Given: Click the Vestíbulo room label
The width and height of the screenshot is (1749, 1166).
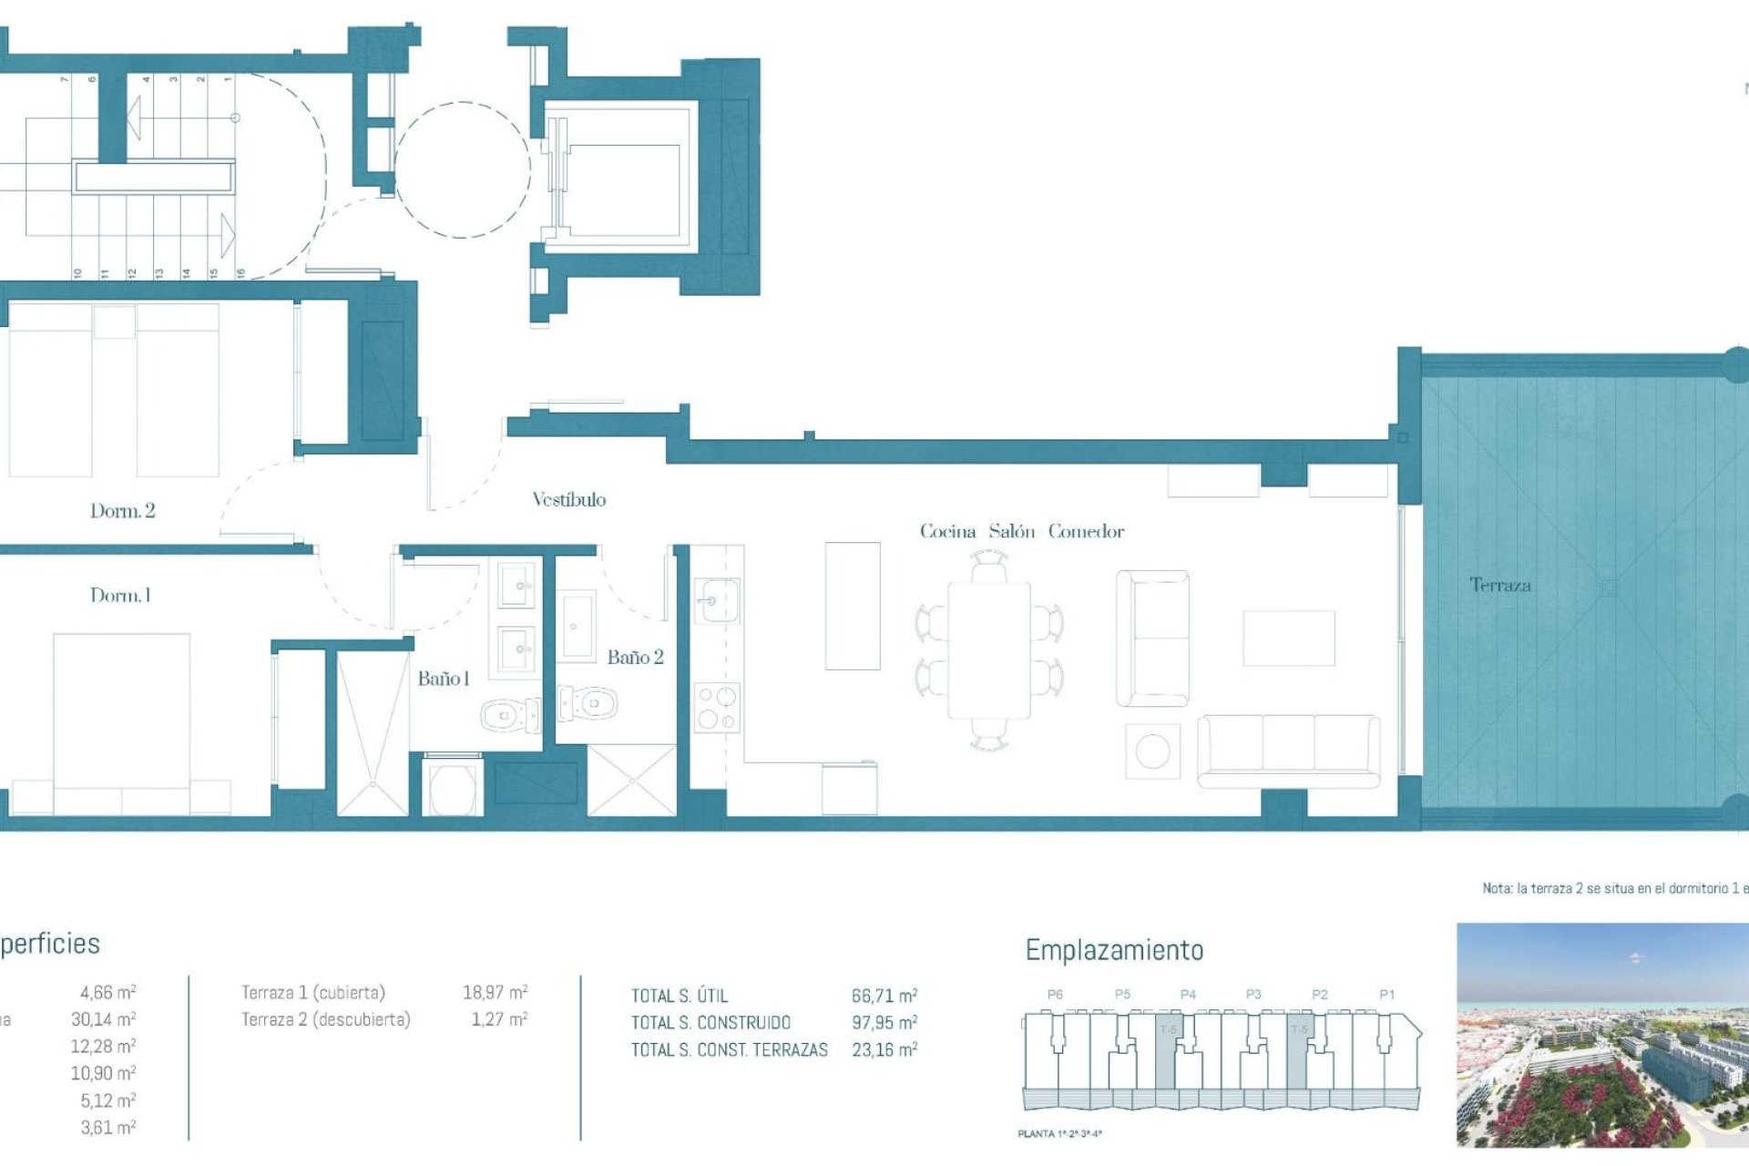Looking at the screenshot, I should pyautogui.click(x=568, y=499).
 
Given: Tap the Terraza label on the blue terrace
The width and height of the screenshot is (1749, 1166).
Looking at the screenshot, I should pyautogui.click(x=1499, y=585).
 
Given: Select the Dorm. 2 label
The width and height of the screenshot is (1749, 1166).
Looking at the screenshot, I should pyautogui.click(x=122, y=511).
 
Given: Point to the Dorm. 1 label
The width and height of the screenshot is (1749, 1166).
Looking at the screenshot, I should pyautogui.click(x=120, y=596).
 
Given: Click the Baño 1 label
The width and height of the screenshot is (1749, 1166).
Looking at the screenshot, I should pyautogui.click(x=443, y=679).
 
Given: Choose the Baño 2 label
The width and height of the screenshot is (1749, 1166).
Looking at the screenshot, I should pyautogui.click(x=635, y=657).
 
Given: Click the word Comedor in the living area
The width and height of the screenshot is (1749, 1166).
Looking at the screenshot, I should pyautogui.click(x=1086, y=531).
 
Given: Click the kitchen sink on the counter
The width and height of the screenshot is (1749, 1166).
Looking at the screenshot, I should pyautogui.click(x=717, y=600).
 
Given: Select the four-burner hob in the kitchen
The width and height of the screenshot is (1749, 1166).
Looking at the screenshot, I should pyautogui.click(x=717, y=709).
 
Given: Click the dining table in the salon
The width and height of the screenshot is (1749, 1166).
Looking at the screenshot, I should pyautogui.click(x=989, y=650).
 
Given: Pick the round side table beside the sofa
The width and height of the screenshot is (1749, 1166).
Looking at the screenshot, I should pyautogui.click(x=1152, y=752).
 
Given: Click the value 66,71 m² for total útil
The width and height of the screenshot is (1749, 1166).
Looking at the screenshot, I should pyautogui.click(x=884, y=996).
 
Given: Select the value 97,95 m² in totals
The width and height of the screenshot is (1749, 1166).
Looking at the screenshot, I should pyautogui.click(x=884, y=1023).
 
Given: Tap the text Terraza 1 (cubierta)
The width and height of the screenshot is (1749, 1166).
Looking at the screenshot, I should pyautogui.click(x=312, y=992).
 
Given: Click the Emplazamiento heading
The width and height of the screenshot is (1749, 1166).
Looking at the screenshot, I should pyautogui.click(x=1114, y=950).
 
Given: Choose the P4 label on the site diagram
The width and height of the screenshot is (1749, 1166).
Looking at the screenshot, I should pyautogui.click(x=1188, y=995).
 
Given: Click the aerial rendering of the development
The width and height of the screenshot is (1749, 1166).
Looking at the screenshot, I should pyautogui.click(x=1601, y=1035).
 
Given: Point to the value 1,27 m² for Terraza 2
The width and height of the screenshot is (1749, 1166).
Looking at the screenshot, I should pyautogui.click(x=498, y=1019).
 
